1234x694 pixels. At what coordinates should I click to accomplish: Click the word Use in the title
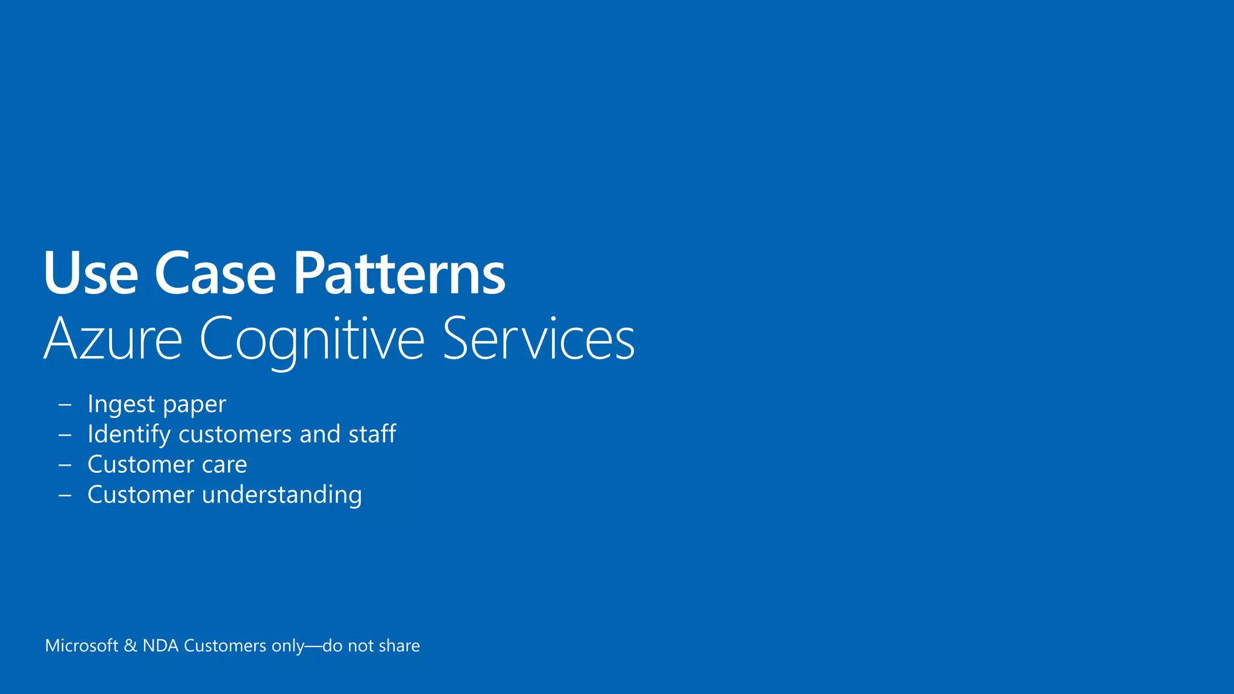[90, 274]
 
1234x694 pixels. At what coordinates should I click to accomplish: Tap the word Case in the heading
[215, 274]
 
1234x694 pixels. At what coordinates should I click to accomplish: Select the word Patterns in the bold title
[399, 274]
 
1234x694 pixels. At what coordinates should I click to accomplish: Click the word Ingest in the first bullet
[121, 404]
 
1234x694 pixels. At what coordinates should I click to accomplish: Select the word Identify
[128, 434]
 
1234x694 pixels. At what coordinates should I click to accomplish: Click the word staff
[372, 434]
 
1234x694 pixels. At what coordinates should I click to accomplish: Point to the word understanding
[282, 495]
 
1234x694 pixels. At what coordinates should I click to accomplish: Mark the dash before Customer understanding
[64, 495]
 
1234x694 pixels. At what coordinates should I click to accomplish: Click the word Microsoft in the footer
[81, 646]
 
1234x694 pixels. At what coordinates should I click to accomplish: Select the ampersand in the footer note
[130, 646]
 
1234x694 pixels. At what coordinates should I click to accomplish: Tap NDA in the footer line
[160, 646]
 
